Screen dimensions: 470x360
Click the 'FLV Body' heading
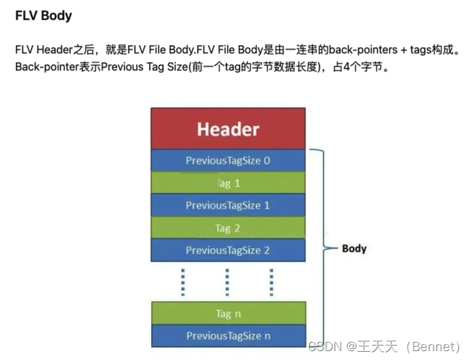pyautogui.click(x=43, y=15)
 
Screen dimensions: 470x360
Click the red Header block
pyautogui.click(x=228, y=128)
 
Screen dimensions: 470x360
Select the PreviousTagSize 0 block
pyautogui.click(x=228, y=161)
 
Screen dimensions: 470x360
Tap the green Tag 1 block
pyautogui.click(x=228, y=183)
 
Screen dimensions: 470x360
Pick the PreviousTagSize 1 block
pyautogui.click(x=228, y=205)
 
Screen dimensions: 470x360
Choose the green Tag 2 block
pyautogui.click(x=228, y=228)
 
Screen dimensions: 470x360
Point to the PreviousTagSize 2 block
pyautogui.click(x=228, y=250)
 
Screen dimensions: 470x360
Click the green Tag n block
pyautogui.click(x=228, y=313)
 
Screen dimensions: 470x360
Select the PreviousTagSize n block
pyautogui.click(x=228, y=335)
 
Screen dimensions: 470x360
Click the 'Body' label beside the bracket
pyautogui.click(x=354, y=248)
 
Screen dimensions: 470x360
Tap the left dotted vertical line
pyautogui.click(x=183, y=282)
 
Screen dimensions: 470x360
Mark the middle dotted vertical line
pyautogui.click(x=227, y=282)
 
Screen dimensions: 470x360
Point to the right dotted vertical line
pyautogui.click(x=272, y=282)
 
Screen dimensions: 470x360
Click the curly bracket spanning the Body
pyautogui.click(x=322, y=248)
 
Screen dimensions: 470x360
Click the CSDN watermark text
pyautogui.click(x=324, y=347)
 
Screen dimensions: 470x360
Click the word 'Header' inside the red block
pyautogui.click(x=228, y=129)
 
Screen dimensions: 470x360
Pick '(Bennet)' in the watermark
pyautogui.click(x=430, y=347)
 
